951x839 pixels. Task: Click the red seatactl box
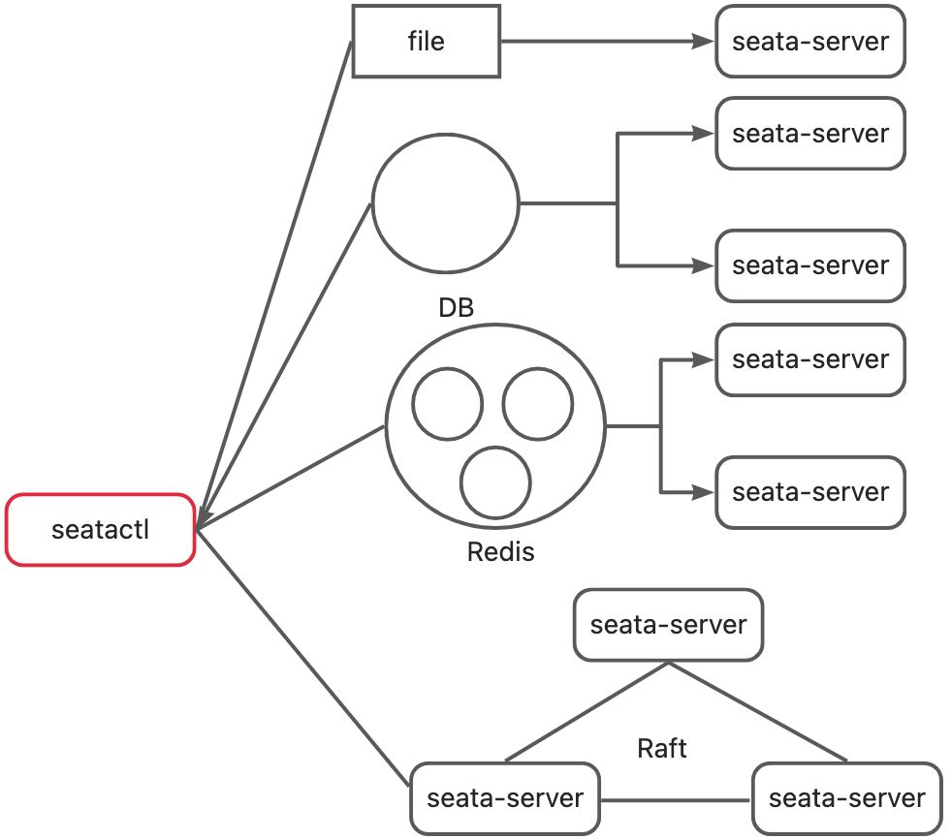click(x=101, y=529)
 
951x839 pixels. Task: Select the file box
click(x=426, y=42)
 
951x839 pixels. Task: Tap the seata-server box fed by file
click(x=810, y=42)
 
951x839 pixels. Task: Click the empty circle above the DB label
click(x=446, y=203)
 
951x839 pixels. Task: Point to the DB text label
click(x=456, y=308)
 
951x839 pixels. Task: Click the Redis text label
click(x=500, y=552)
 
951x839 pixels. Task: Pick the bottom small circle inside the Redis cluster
click(x=495, y=482)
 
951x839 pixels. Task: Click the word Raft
click(x=662, y=748)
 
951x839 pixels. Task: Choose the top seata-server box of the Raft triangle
click(x=668, y=625)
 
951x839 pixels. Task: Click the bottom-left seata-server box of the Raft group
click(x=505, y=798)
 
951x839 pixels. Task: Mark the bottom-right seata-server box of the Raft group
click(x=846, y=798)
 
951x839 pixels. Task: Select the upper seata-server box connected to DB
click(x=810, y=133)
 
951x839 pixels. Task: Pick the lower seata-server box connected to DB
click(x=810, y=265)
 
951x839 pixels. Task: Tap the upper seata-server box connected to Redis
click(x=810, y=359)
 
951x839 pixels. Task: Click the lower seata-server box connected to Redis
click(x=810, y=492)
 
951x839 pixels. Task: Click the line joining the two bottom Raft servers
click(x=677, y=800)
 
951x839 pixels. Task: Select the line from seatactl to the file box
click(x=276, y=281)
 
